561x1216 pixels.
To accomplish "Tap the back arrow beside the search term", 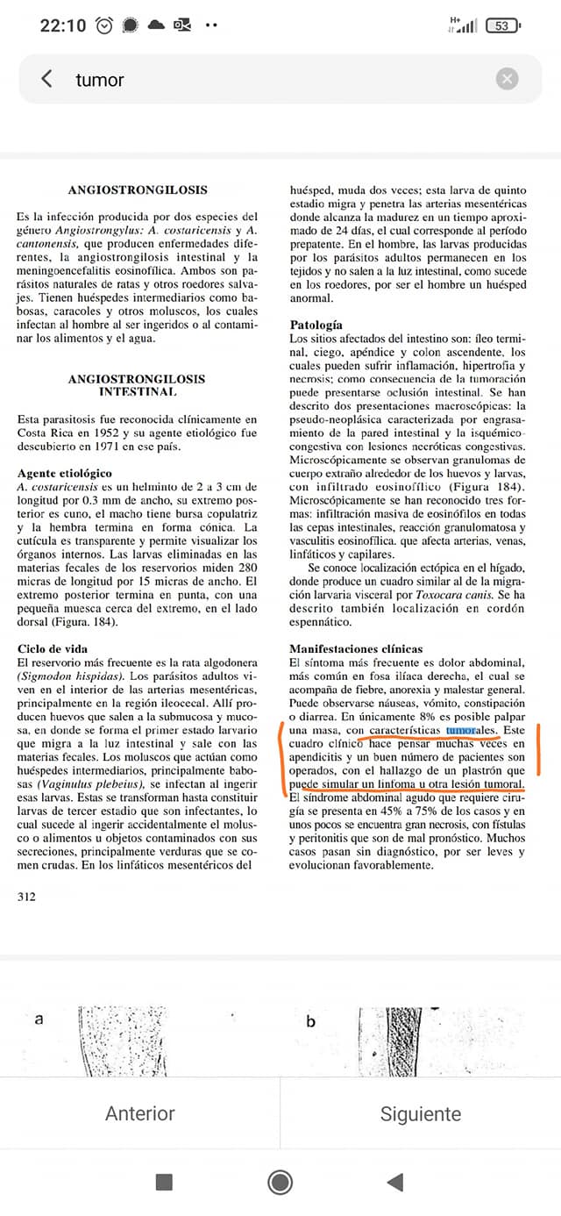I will pyautogui.click(x=46, y=79).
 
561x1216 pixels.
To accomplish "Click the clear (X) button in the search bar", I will pyautogui.click(x=507, y=79).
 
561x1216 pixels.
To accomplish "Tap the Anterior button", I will pyautogui.click(x=140, y=1113).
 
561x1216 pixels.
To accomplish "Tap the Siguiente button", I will pyautogui.click(x=421, y=1113).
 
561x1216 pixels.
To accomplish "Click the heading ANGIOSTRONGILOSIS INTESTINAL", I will pyautogui.click(x=137, y=385).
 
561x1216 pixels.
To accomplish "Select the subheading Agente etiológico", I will pyautogui.click(x=65, y=473).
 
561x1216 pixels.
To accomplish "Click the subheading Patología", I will pyautogui.click(x=316, y=325).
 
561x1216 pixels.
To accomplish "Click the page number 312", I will pyautogui.click(x=27, y=897).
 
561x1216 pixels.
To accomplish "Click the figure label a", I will pyautogui.click(x=39, y=1019).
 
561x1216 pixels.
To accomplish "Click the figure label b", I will pyautogui.click(x=310, y=1021).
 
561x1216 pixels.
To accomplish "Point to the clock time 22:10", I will pyautogui.click(x=63, y=25).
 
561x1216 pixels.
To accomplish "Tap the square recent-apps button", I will pyautogui.click(x=164, y=1182).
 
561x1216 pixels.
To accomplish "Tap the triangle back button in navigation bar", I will pyautogui.click(x=395, y=1182).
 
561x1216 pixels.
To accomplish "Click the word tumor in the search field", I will pyautogui.click(x=100, y=80).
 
